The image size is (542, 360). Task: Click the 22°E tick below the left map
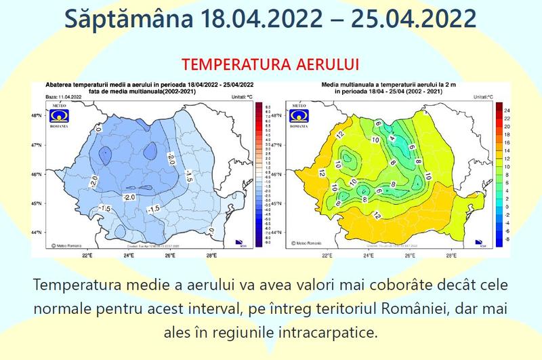(87, 256)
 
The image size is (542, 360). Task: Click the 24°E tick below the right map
(369, 256)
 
